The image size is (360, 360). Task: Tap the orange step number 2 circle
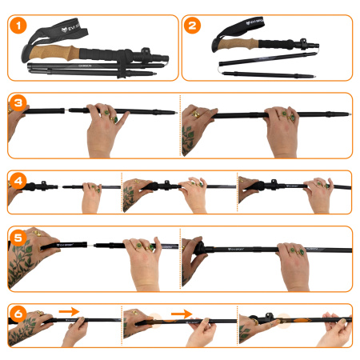192,26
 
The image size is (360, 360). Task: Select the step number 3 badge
18,103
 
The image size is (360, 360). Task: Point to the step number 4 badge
18,180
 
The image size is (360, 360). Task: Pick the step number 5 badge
18,238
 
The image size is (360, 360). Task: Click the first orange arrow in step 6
69,310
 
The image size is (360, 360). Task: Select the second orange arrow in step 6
182,313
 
